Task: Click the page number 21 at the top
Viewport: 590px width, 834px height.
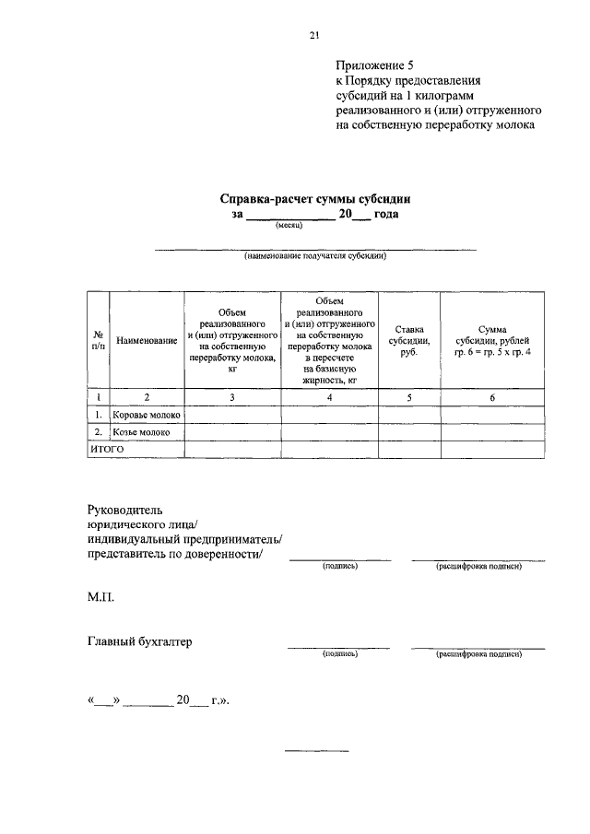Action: (x=313, y=35)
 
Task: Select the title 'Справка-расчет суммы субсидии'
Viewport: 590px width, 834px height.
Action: (x=314, y=197)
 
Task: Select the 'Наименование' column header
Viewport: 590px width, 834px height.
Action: (x=147, y=341)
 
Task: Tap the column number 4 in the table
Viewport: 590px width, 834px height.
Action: (x=329, y=397)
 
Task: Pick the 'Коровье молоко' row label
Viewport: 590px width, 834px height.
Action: (x=147, y=415)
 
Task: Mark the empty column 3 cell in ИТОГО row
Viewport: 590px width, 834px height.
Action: (x=232, y=448)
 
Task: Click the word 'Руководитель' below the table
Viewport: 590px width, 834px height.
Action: (x=124, y=509)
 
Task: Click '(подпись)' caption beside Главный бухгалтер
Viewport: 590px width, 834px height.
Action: (x=338, y=654)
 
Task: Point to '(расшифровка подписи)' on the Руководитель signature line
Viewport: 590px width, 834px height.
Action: (x=478, y=566)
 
